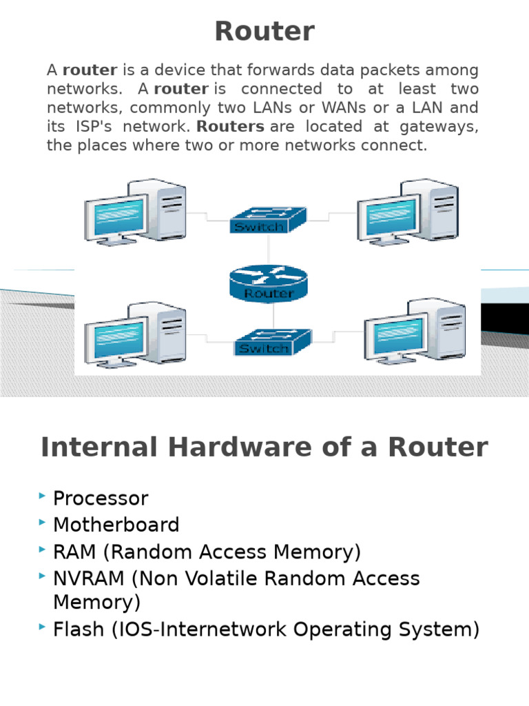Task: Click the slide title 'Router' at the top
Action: coord(264,32)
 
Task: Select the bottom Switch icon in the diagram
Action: coord(272,341)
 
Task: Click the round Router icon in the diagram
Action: coord(269,283)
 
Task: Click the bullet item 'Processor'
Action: coord(101,498)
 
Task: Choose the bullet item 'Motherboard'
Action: coord(116,525)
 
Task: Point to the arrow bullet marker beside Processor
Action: coord(43,496)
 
